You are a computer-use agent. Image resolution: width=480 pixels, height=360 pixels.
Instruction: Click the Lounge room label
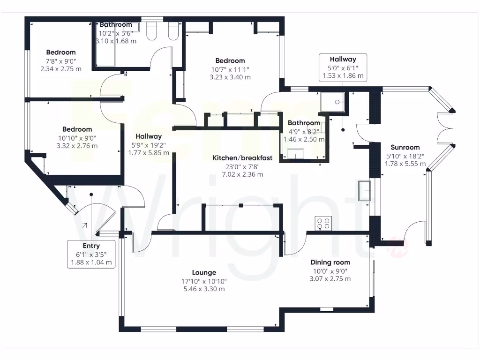coord(204,272)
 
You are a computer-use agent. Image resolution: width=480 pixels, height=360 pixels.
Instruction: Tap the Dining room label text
coord(330,262)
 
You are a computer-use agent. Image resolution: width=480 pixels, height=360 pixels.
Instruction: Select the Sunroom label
coord(402,147)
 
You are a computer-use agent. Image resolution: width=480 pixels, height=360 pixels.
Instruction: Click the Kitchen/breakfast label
coord(236,158)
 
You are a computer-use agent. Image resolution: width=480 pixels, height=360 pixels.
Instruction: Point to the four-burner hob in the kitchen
coord(322,223)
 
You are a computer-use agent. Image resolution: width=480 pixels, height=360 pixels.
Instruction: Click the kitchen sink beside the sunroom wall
coord(364,191)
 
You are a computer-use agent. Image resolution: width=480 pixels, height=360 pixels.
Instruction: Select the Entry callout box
coord(91,254)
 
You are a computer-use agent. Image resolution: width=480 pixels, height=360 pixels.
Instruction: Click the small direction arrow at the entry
coord(84,226)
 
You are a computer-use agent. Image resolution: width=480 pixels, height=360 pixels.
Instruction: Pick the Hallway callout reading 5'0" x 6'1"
coord(343,67)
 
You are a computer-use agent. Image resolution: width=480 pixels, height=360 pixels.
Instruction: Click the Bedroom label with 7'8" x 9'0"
coord(60,52)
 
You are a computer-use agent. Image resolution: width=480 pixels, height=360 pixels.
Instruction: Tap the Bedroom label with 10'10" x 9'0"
coord(77,129)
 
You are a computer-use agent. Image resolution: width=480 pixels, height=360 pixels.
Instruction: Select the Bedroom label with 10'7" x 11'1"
coord(230,61)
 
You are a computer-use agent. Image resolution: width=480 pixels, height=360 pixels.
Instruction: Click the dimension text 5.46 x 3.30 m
coord(204,289)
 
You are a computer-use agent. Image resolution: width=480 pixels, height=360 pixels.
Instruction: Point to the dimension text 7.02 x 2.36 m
coord(236,174)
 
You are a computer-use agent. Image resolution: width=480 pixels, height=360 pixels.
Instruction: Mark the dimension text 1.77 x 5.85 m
coord(149,152)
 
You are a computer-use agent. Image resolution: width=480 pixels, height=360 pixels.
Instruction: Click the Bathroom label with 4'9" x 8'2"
coord(304,123)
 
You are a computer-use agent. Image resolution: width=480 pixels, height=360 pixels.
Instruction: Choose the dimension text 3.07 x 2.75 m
coord(330,279)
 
